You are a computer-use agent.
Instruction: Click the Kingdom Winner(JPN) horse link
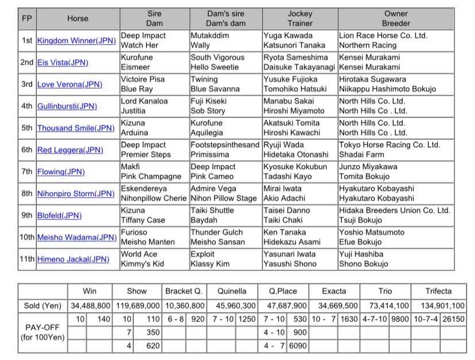coord(76,41)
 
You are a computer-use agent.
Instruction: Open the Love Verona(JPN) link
coord(69,84)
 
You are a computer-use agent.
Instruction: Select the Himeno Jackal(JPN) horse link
coord(73,259)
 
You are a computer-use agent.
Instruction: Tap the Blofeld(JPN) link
coord(59,216)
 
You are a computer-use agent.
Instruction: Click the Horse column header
coord(77,18)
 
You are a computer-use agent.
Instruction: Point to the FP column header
coord(27,18)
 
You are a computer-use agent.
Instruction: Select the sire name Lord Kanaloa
coord(144,101)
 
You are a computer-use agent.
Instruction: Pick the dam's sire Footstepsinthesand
coord(225,145)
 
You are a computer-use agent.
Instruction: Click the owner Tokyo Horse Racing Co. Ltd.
coord(389,145)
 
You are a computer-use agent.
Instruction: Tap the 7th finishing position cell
coord(27,171)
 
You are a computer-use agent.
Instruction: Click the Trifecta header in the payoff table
coord(438,291)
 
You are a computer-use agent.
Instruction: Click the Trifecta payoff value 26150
coord(453,319)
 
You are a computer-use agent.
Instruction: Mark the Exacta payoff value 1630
coord(349,319)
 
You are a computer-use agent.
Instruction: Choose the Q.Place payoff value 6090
coord(298,346)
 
